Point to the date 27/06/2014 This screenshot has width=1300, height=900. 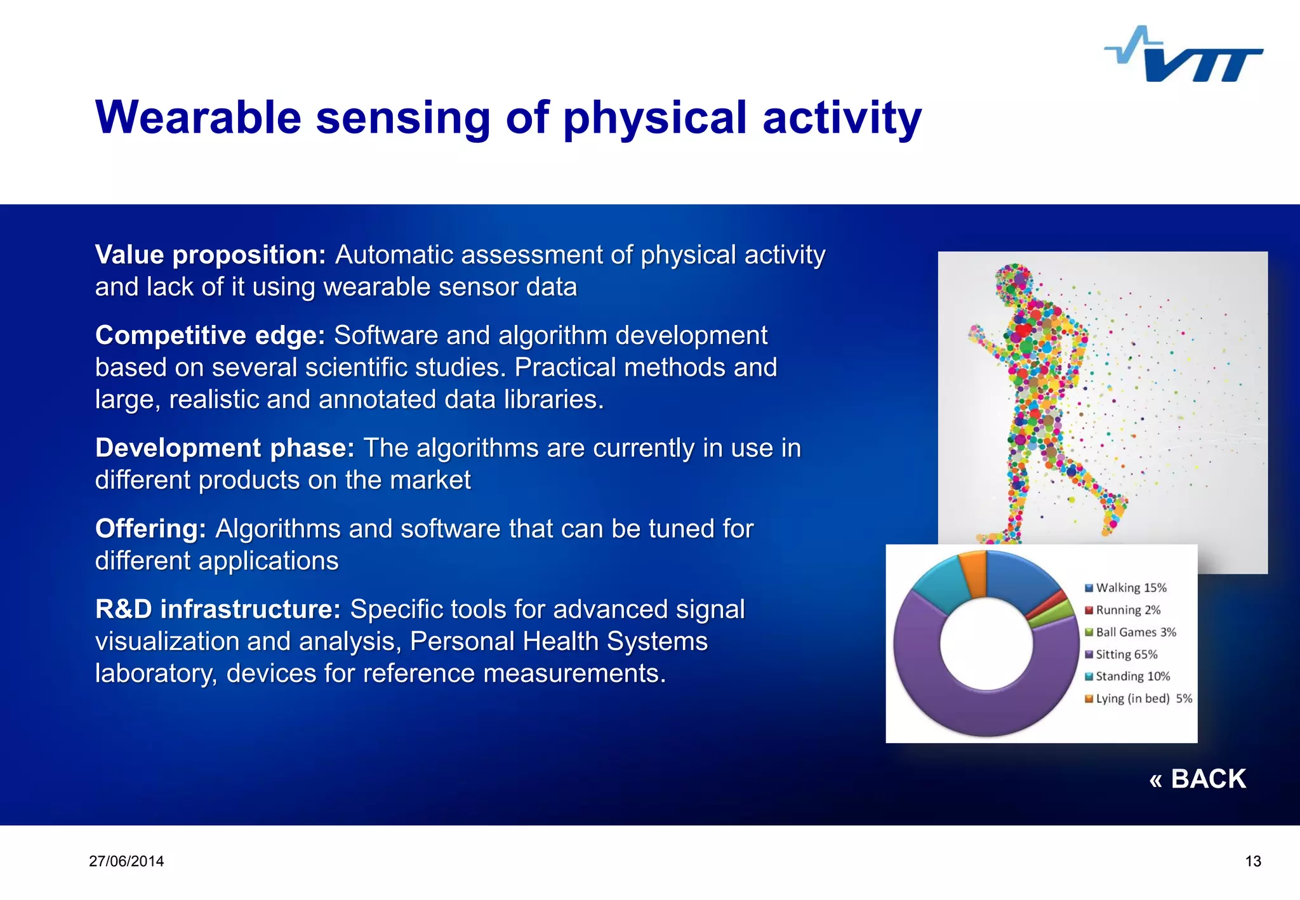(126, 861)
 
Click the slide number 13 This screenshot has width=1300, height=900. (1252, 861)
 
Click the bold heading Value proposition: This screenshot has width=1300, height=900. (210, 255)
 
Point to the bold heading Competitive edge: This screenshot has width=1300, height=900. (209, 336)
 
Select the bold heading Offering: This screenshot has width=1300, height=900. (150, 529)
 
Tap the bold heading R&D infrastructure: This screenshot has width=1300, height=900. (218, 609)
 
